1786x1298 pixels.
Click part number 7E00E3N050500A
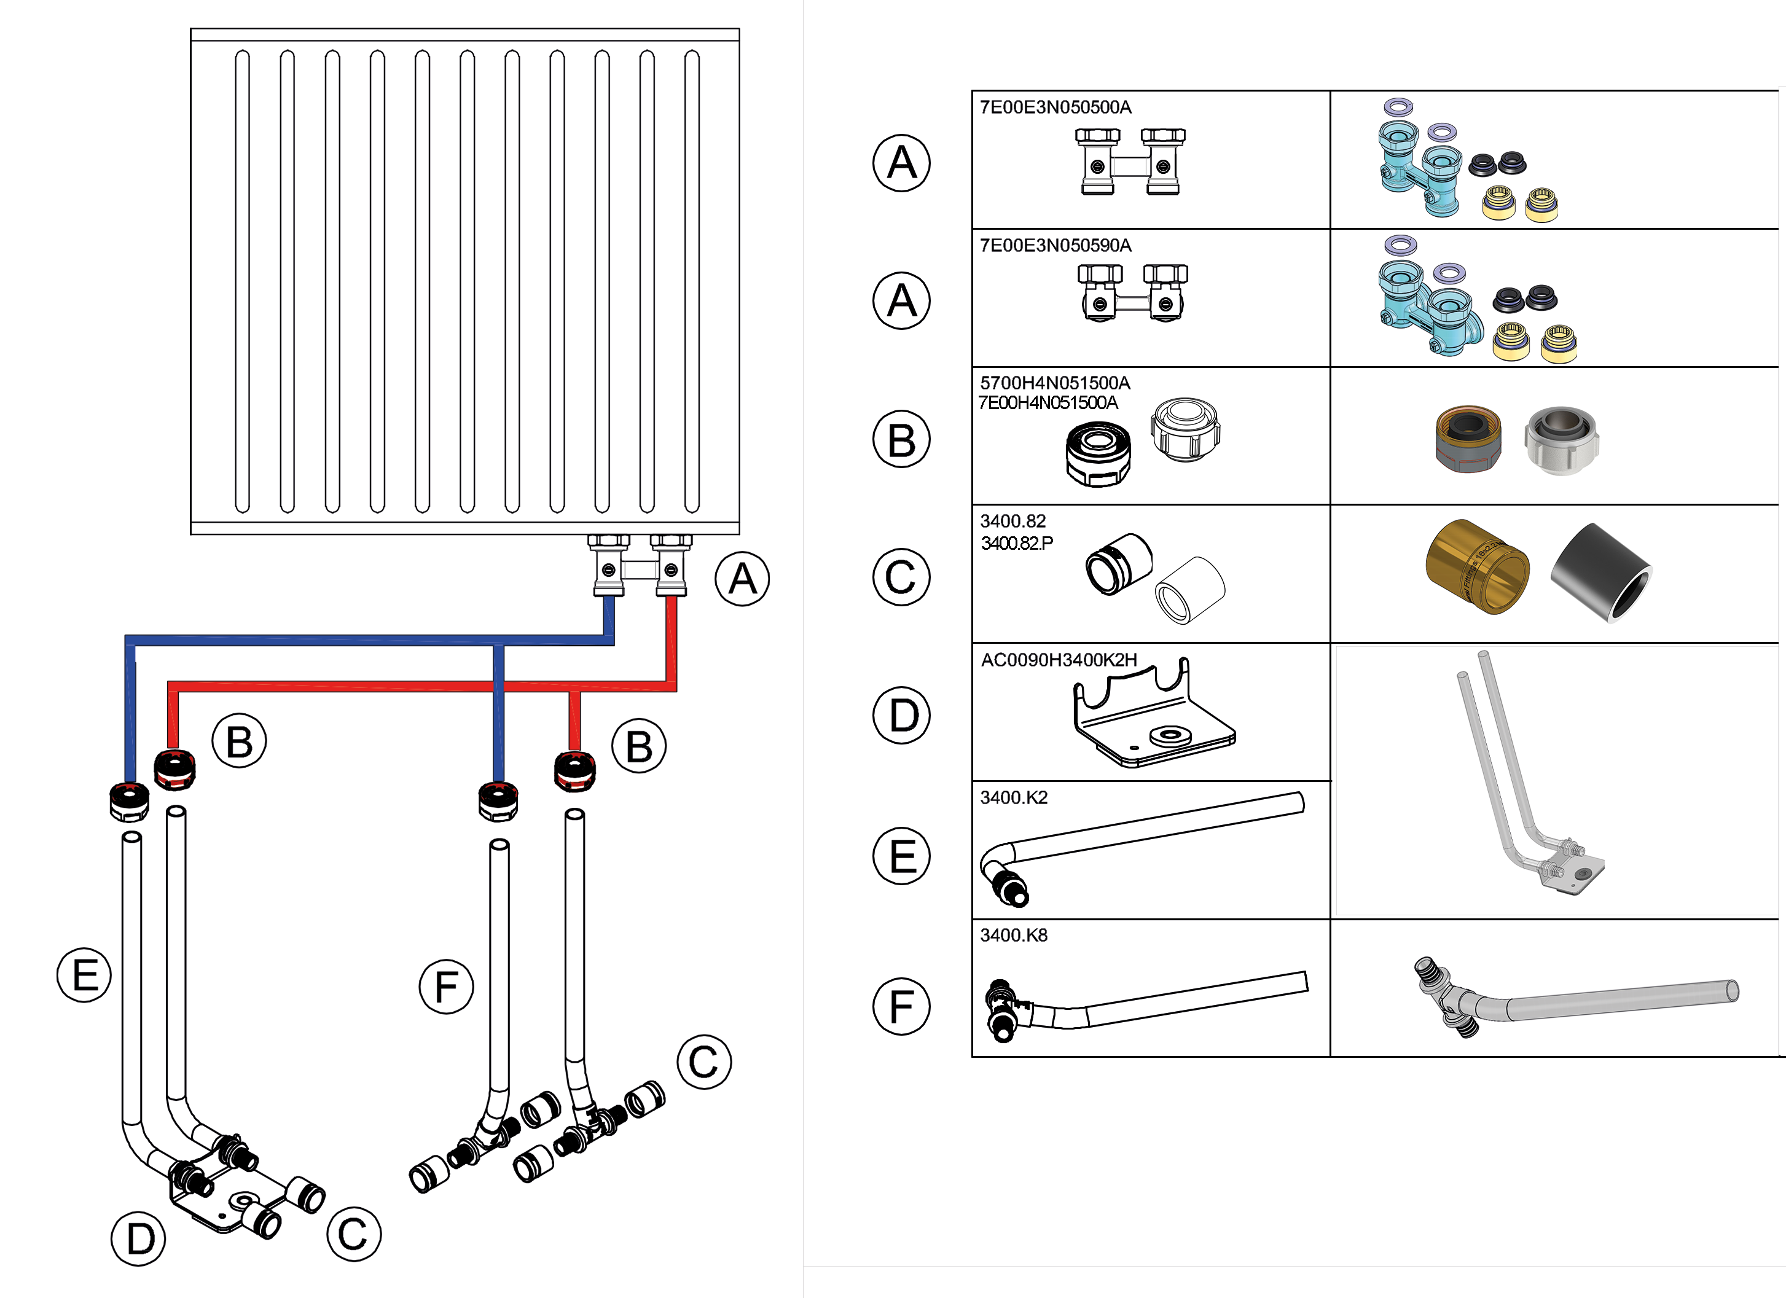point(1056,107)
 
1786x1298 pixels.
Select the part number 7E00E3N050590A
point(1056,246)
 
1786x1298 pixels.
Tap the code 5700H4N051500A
point(1054,383)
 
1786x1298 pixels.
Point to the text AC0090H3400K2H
point(1059,660)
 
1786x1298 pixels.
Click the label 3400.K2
point(1014,797)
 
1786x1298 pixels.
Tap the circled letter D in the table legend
point(902,716)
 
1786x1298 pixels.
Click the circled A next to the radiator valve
point(742,579)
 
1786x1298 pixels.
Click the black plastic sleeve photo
point(1600,573)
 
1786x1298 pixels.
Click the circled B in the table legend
point(902,439)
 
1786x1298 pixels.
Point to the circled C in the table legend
point(902,577)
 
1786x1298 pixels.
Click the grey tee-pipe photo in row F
point(1575,999)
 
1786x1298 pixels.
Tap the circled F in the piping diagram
point(447,987)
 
